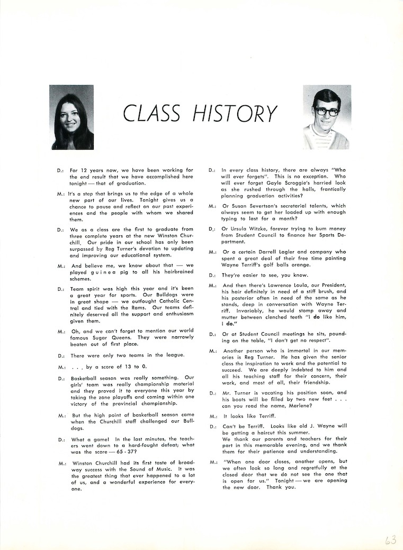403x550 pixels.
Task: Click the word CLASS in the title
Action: [151, 113]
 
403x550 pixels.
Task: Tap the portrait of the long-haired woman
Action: [71, 117]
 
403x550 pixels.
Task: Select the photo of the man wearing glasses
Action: [327, 117]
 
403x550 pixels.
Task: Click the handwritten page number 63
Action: [390, 539]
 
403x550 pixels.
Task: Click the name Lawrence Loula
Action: [283, 286]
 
